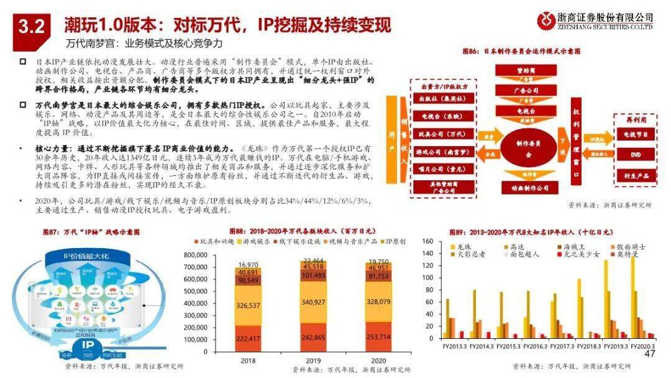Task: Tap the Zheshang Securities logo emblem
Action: coord(547,21)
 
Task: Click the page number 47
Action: coord(650,354)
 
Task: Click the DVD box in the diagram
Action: coord(634,155)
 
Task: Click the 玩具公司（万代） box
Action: coord(438,134)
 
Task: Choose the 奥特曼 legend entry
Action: coord(627,254)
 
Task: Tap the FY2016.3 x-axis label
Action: coord(535,346)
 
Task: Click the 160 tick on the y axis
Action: coord(429,241)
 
